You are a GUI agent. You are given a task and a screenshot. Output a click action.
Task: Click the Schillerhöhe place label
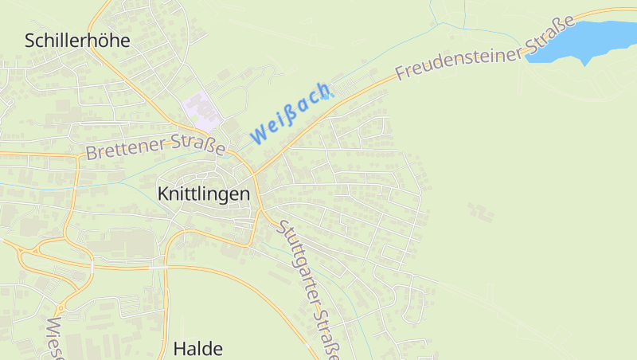(77, 41)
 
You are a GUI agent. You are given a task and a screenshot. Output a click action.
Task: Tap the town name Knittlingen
(204, 194)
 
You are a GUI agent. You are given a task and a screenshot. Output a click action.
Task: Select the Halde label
(197, 348)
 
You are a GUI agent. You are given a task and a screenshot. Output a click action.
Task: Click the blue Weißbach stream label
(290, 112)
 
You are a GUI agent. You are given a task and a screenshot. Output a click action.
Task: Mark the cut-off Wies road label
(55, 338)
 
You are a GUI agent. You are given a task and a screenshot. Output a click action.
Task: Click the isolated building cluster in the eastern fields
(481, 211)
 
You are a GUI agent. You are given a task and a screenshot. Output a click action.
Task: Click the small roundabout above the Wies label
(60, 308)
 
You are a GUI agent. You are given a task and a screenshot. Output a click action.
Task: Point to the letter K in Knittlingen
(163, 194)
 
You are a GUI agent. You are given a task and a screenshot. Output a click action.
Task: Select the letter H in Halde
(179, 348)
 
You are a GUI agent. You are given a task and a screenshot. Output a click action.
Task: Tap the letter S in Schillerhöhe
(30, 41)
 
